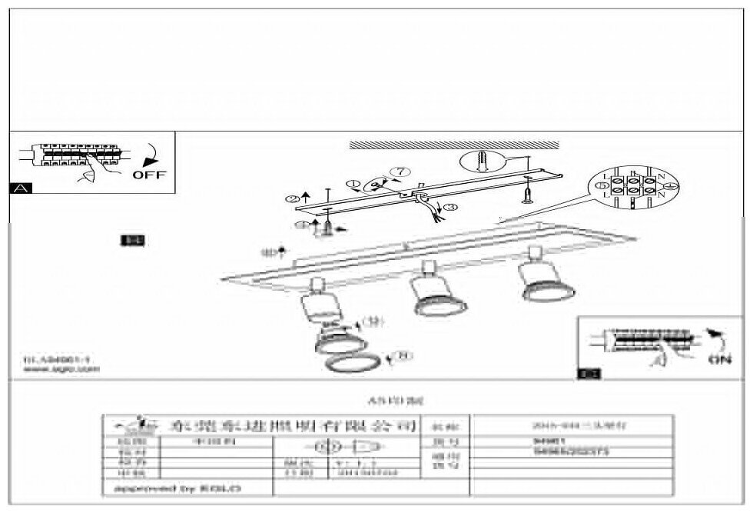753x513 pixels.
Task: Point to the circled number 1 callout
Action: (353, 184)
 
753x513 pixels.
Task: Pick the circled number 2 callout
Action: (292, 198)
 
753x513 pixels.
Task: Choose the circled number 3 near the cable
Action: (450, 207)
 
